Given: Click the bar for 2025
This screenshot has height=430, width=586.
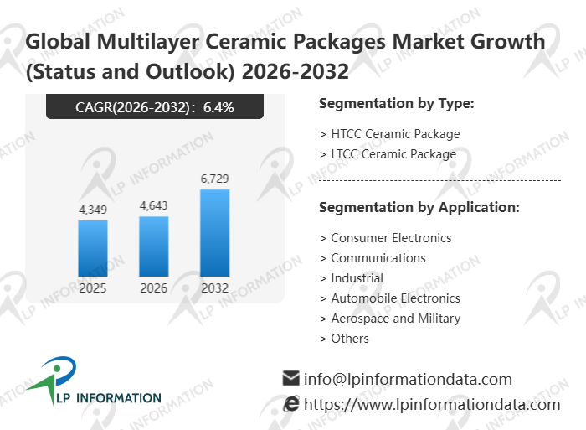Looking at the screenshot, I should tap(93, 248).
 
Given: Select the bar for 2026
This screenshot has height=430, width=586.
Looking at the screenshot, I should tap(154, 246).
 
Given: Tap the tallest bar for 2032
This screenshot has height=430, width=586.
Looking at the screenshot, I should tap(214, 233).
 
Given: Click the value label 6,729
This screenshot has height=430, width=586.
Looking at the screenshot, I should tap(214, 179).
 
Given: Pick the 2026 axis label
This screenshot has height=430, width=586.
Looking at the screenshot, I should tap(154, 288).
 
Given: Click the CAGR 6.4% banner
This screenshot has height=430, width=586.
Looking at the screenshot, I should tap(155, 106).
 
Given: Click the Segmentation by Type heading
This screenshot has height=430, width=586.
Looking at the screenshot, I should tap(397, 104).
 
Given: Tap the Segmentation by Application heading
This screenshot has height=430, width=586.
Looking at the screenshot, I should tap(419, 207).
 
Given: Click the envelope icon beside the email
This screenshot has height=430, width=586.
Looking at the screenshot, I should tap(291, 378).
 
